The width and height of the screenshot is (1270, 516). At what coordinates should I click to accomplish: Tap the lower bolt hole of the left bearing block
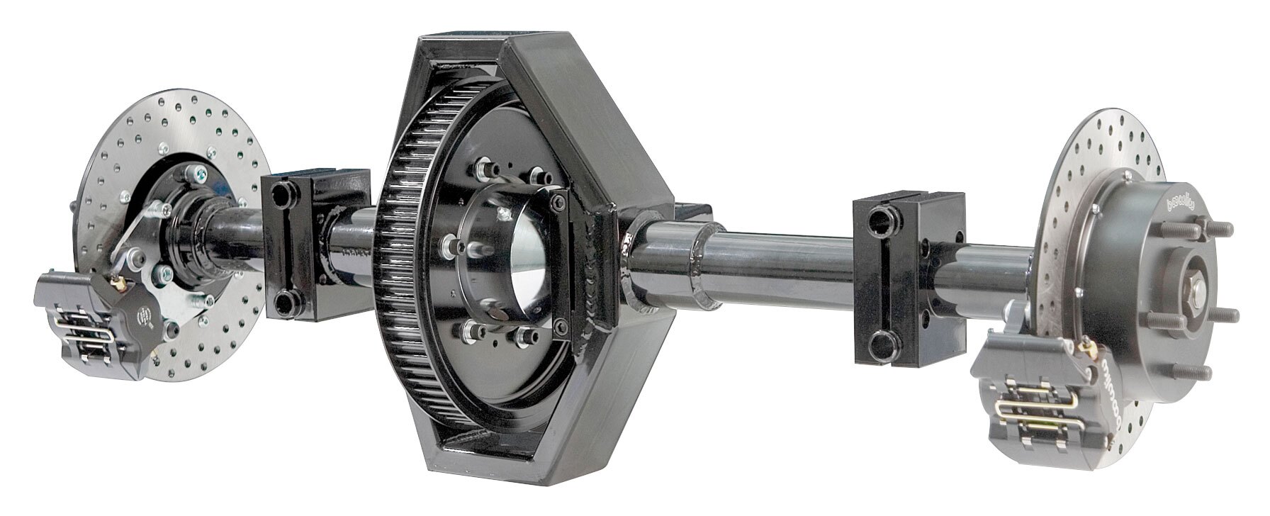(286, 304)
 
